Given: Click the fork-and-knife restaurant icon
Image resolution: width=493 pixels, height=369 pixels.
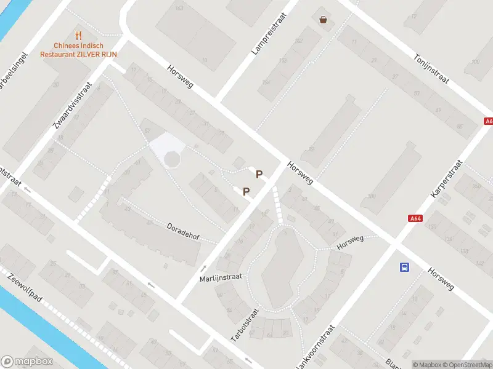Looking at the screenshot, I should click(x=78, y=36).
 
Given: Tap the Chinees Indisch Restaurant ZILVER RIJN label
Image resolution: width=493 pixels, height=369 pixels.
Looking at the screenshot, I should click(x=78, y=50).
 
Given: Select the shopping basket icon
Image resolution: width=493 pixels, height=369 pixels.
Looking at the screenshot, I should click(x=323, y=19).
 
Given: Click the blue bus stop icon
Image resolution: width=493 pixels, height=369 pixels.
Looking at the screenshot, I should click(x=404, y=267).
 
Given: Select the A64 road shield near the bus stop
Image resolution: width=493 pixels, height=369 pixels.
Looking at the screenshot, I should click(x=416, y=218).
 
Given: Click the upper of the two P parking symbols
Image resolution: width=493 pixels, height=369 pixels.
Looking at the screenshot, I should click(x=259, y=174).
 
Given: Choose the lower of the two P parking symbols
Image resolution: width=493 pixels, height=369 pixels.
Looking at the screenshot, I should click(x=246, y=191).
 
